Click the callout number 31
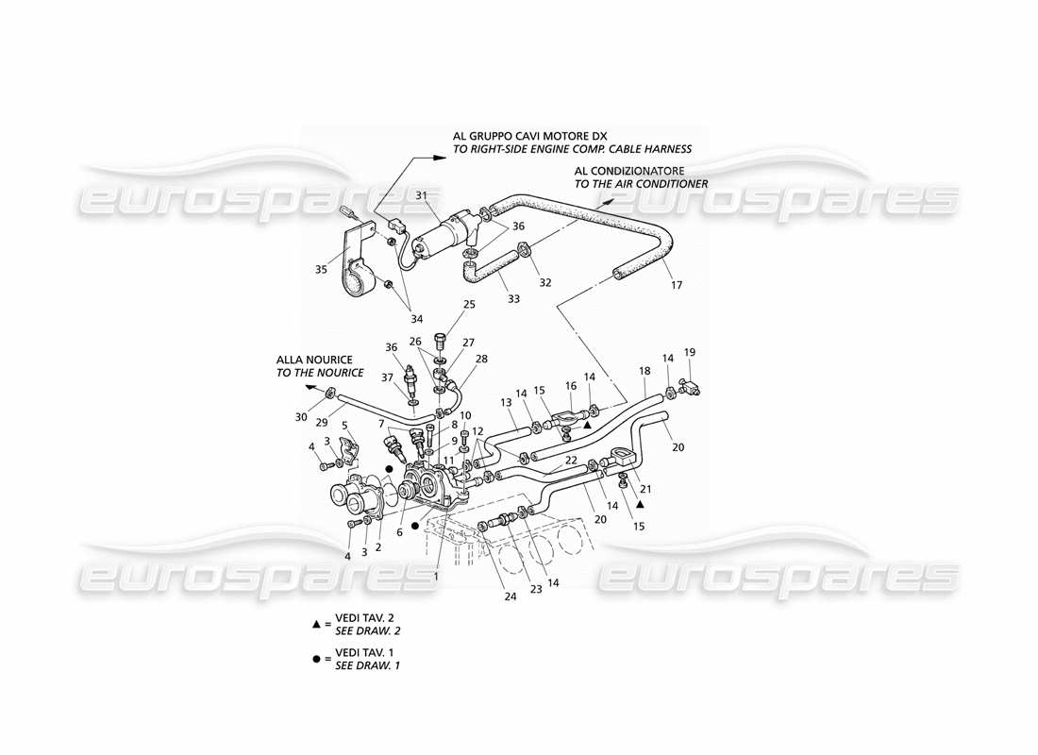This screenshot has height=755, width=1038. (x=422, y=195)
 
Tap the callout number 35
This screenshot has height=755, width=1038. (x=321, y=269)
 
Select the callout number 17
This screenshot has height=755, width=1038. (x=675, y=285)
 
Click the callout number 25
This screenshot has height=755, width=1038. (x=469, y=305)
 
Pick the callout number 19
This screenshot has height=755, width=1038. (x=690, y=352)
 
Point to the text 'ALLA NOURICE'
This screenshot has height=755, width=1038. (x=314, y=360)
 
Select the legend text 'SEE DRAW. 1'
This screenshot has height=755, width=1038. (x=367, y=666)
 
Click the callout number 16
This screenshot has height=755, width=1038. (x=571, y=385)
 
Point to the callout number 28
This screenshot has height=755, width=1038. (x=481, y=360)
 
